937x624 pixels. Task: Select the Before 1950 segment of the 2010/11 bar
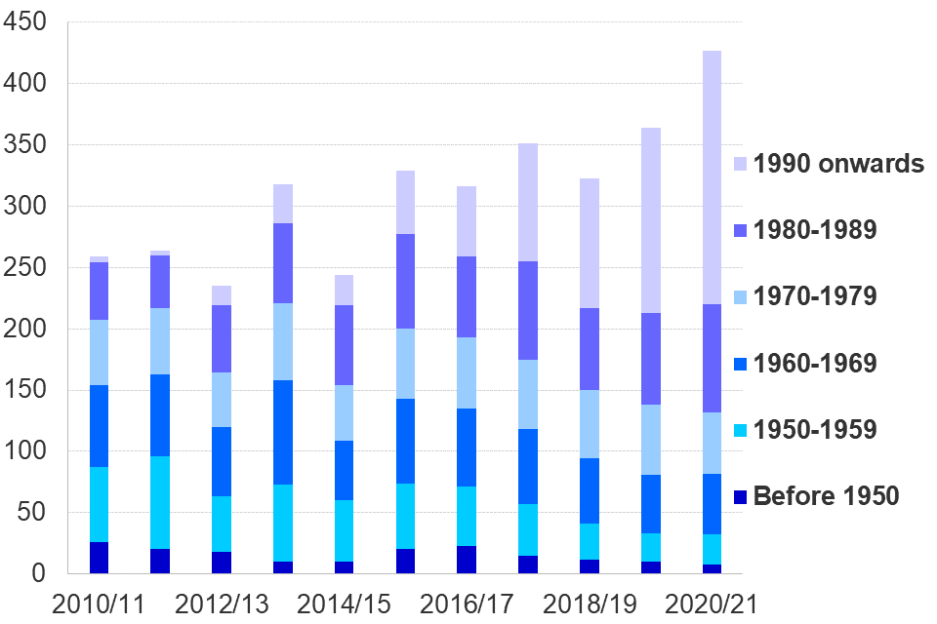99,558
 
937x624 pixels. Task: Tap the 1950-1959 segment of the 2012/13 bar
222,524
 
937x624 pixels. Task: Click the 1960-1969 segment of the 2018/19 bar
589,490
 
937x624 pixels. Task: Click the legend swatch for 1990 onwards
739,165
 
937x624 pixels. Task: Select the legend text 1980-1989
815,231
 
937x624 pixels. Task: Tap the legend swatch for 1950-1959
739,430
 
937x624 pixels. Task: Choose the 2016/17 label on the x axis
467,604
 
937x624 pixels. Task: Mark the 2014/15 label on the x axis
345,604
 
